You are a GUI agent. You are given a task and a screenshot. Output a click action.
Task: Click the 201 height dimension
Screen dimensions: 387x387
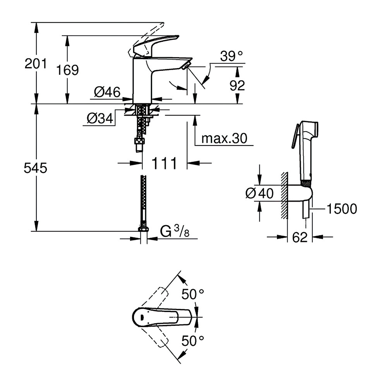(x=36, y=63)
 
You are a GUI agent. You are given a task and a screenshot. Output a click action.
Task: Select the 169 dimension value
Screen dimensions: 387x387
(x=67, y=70)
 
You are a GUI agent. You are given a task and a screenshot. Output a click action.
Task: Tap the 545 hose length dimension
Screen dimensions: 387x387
(x=36, y=168)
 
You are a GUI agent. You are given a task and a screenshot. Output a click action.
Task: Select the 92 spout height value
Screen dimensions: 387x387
(x=237, y=85)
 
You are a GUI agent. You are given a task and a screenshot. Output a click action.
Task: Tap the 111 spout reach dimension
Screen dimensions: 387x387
(x=164, y=163)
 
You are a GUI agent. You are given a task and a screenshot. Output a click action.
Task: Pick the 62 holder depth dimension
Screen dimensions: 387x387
(x=300, y=237)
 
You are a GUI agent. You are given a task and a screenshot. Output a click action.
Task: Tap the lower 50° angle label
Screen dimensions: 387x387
(x=193, y=341)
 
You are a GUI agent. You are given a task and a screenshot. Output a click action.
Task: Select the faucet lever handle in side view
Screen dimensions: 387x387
(x=155, y=45)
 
